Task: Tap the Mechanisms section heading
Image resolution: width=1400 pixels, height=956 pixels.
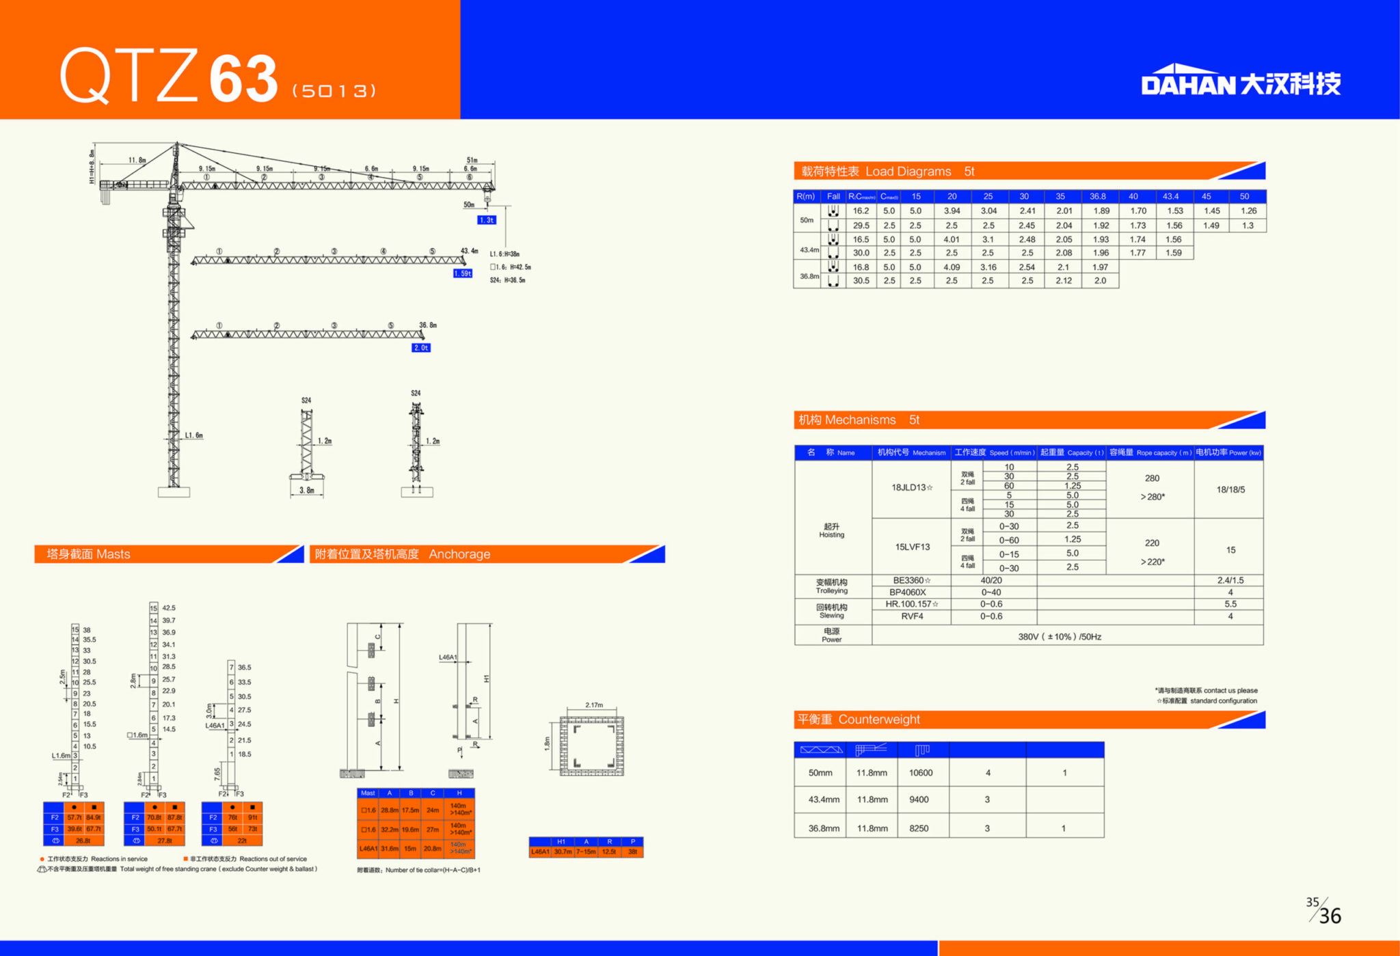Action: (859, 420)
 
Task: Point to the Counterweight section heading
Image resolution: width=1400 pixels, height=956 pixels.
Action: (859, 720)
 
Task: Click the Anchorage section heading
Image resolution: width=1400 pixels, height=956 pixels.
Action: (403, 554)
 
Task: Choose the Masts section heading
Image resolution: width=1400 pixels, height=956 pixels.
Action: (88, 554)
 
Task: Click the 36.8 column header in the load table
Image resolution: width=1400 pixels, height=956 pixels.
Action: (1097, 197)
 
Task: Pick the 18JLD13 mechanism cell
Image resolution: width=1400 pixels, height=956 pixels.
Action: (911, 488)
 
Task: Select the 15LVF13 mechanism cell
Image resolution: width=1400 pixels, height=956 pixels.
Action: (912, 547)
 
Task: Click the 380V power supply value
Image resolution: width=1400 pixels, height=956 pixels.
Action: (1060, 637)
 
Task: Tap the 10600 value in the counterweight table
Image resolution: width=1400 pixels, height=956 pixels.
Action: (920, 773)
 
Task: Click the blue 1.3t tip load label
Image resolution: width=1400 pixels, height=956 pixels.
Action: (486, 220)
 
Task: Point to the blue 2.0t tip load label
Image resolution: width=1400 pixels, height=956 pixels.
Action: (421, 348)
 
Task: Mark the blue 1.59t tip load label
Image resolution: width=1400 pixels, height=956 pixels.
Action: (463, 273)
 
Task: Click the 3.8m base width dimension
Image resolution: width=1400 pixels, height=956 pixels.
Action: (306, 491)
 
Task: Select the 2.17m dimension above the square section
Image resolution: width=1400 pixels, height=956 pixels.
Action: (594, 705)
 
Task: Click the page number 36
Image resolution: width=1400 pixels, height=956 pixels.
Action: (1330, 916)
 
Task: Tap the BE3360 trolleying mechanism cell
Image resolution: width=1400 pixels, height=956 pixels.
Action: (911, 581)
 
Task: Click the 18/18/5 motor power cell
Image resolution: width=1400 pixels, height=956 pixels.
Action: (1230, 490)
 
